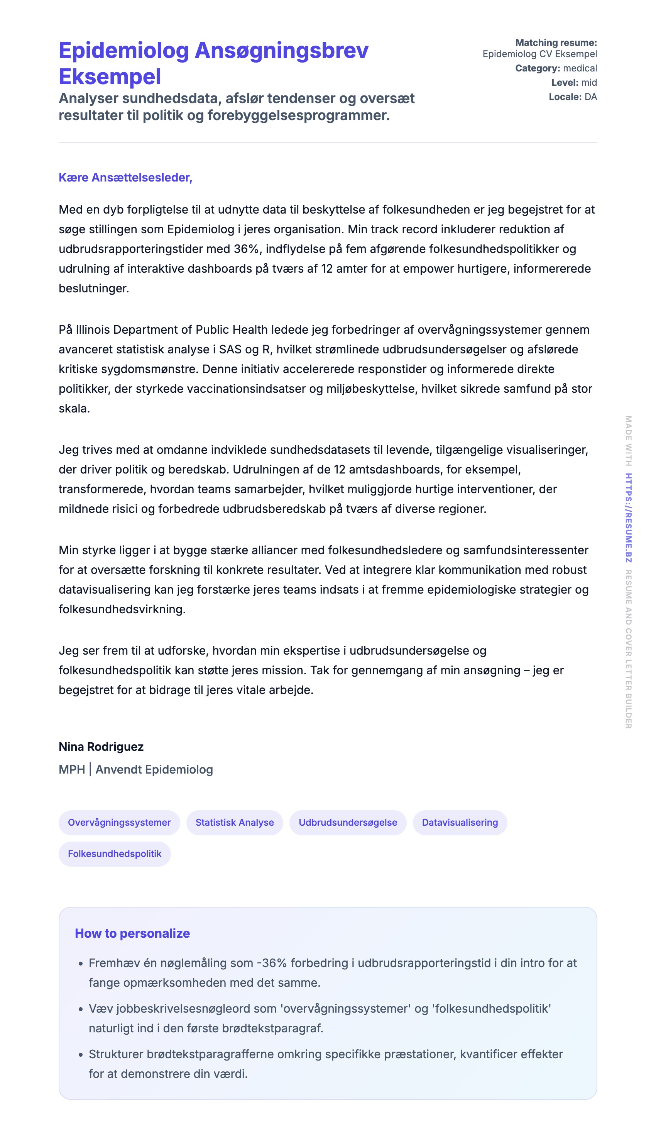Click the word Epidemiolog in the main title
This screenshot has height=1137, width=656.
click(x=123, y=51)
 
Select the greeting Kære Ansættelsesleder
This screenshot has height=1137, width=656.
click(x=125, y=178)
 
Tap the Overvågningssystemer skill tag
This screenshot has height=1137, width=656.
click(x=119, y=822)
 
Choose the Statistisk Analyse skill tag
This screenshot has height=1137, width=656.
click(x=234, y=822)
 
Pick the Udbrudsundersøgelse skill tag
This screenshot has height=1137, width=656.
click(x=347, y=822)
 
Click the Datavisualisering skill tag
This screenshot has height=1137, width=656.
click(x=460, y=822)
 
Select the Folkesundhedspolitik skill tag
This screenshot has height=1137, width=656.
click(x=115, y=854)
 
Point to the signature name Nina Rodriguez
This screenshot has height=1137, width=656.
click(x=101, y=747)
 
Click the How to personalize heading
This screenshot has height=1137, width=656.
click(x=132, y=933)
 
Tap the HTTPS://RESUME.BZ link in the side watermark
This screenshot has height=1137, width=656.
click(x=628, y=517)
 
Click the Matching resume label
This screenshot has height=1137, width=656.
click(x=556, y=43)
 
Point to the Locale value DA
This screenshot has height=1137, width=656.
click(x=590, y=97)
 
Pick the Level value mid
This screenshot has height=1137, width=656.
click(x=589, y=83)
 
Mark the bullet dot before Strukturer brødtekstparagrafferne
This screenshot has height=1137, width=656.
click(x=81, y=1055)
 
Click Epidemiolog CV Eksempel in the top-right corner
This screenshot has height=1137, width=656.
click(x=539, y=54)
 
